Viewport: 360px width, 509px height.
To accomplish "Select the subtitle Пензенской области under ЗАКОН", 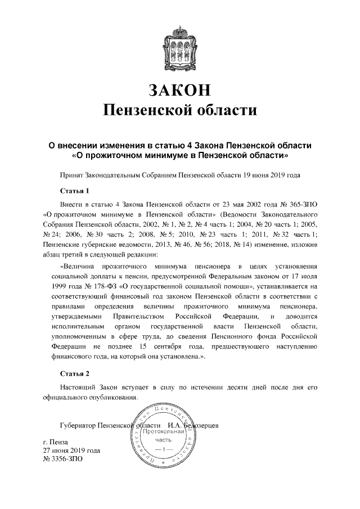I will (180, 110).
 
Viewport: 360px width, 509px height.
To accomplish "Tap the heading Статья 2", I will (75, 373).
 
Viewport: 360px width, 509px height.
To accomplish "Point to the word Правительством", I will (128, 319).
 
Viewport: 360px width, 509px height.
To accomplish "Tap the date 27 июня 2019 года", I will (71, 451).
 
